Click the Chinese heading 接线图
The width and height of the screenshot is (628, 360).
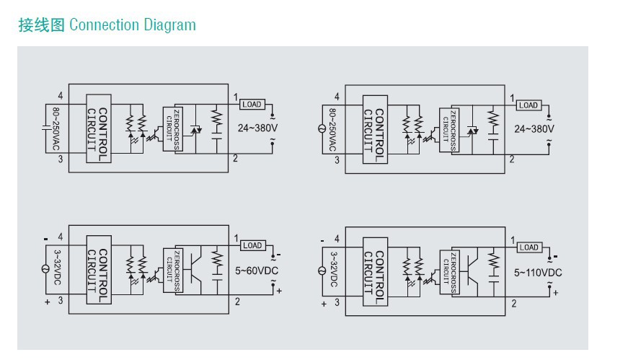pos(41,25)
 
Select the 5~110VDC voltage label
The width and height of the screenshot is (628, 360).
pos(537,273)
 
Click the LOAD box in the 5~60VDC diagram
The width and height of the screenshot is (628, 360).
pos(252,245)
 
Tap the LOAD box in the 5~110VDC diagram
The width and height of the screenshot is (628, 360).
pos(529,247)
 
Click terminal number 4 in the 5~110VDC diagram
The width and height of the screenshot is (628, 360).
pos(337,239)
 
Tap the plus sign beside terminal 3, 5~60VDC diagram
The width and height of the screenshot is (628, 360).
pos(48,302)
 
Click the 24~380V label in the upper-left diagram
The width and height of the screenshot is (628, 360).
pos(257,128)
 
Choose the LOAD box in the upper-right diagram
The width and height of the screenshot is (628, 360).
pos(529,105)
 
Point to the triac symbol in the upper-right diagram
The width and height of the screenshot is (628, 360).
pos(472,131)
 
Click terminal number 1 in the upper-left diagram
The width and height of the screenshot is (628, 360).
pos(236,97)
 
